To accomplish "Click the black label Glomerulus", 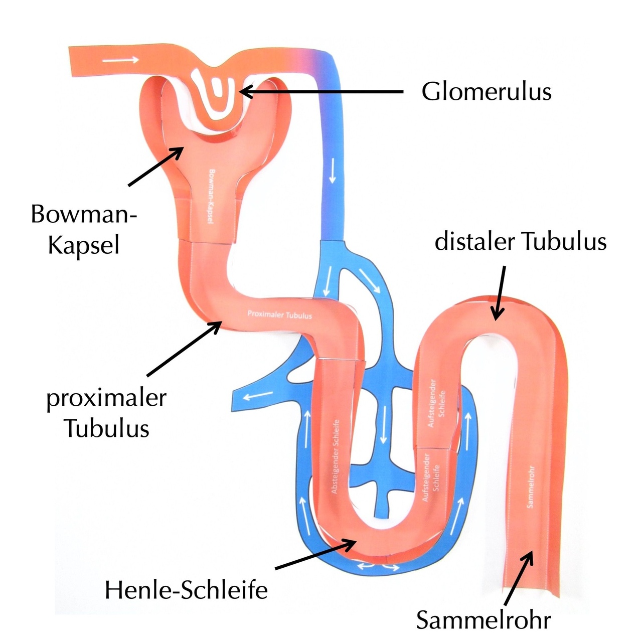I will [x=486, y=92].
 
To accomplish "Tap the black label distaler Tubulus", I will [x=521, y=241].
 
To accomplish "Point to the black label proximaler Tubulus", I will [x=106, y=413].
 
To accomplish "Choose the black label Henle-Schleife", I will [x=186, y=590].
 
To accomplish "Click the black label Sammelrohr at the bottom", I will [x=484, y=620].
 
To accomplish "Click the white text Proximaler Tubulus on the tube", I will [x=279, y=314].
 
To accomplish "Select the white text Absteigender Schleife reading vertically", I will [x=336, y=456].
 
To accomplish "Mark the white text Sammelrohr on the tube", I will [x=531, y=487].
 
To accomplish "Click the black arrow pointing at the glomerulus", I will [x=321, y=92].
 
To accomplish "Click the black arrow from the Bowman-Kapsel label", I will [x=155, y=166].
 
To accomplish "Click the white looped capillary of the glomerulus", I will [x=213, y=95].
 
